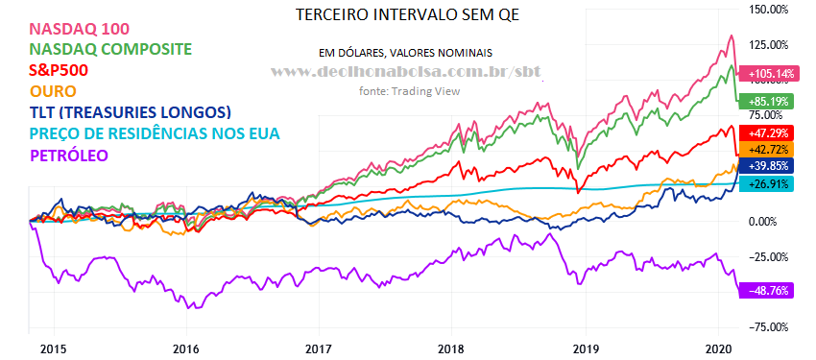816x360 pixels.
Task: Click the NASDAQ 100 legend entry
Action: coord(80,29)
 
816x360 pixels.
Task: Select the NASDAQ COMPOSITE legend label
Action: coord(111,49)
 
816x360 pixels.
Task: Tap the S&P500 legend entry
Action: coord(60,70)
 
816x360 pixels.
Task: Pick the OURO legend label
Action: coord(54,91)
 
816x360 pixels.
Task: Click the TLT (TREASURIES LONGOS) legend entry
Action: coord(131,112)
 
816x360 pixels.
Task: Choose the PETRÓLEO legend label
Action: coord(70,156)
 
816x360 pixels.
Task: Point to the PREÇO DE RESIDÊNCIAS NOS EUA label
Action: coord(156,133)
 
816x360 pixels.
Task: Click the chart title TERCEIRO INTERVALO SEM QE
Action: coord(407,14)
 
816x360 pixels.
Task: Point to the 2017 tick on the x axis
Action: coord(319,348)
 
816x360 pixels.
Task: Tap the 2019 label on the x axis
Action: coord(586,348)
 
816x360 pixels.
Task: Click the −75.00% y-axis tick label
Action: coord(768,326)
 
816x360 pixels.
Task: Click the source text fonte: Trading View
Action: coord(410,91)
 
